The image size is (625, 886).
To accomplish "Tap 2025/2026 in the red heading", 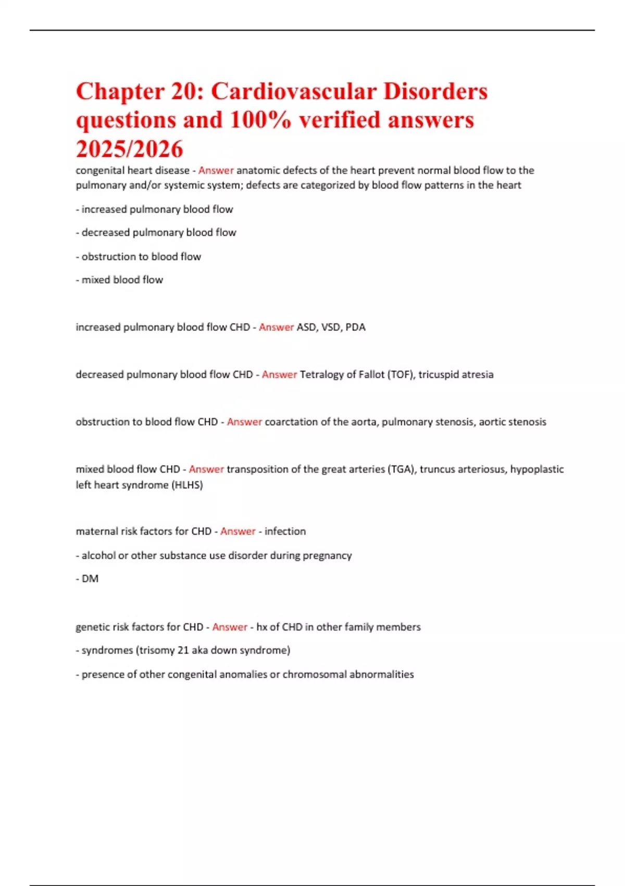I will [x=130, y=149].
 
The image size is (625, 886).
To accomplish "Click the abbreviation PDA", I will [x=355, y=327].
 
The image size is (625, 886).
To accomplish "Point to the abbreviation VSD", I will [x=331, y=327].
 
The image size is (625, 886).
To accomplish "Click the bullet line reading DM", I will [x=90, y=579].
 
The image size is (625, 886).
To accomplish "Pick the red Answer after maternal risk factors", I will [x=238, y=532].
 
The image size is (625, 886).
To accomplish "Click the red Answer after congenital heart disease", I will [x=216, y=170].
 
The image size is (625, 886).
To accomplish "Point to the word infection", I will [x=285, y=532].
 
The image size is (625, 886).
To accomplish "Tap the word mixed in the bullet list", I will [x=96, y=280].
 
